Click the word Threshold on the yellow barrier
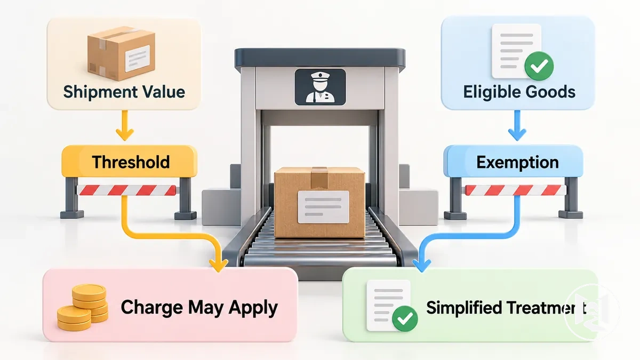coord(131,162)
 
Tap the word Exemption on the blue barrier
coord(517,163)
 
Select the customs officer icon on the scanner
coord(320,87)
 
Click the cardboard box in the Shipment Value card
coord(121,53)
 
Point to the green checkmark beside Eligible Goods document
coord(539,66)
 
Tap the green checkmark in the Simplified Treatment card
coord(405,318)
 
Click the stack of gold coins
coord(83,307)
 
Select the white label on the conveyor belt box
coord(323,207)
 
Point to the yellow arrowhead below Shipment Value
coord(125,134)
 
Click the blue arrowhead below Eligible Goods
coord(517,134)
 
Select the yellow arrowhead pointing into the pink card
coord(219,266)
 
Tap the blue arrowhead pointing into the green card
coord(422,266)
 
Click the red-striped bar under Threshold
coord(127,190)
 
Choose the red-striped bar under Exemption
coord(515,190)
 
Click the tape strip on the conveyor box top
coord(319,178)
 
